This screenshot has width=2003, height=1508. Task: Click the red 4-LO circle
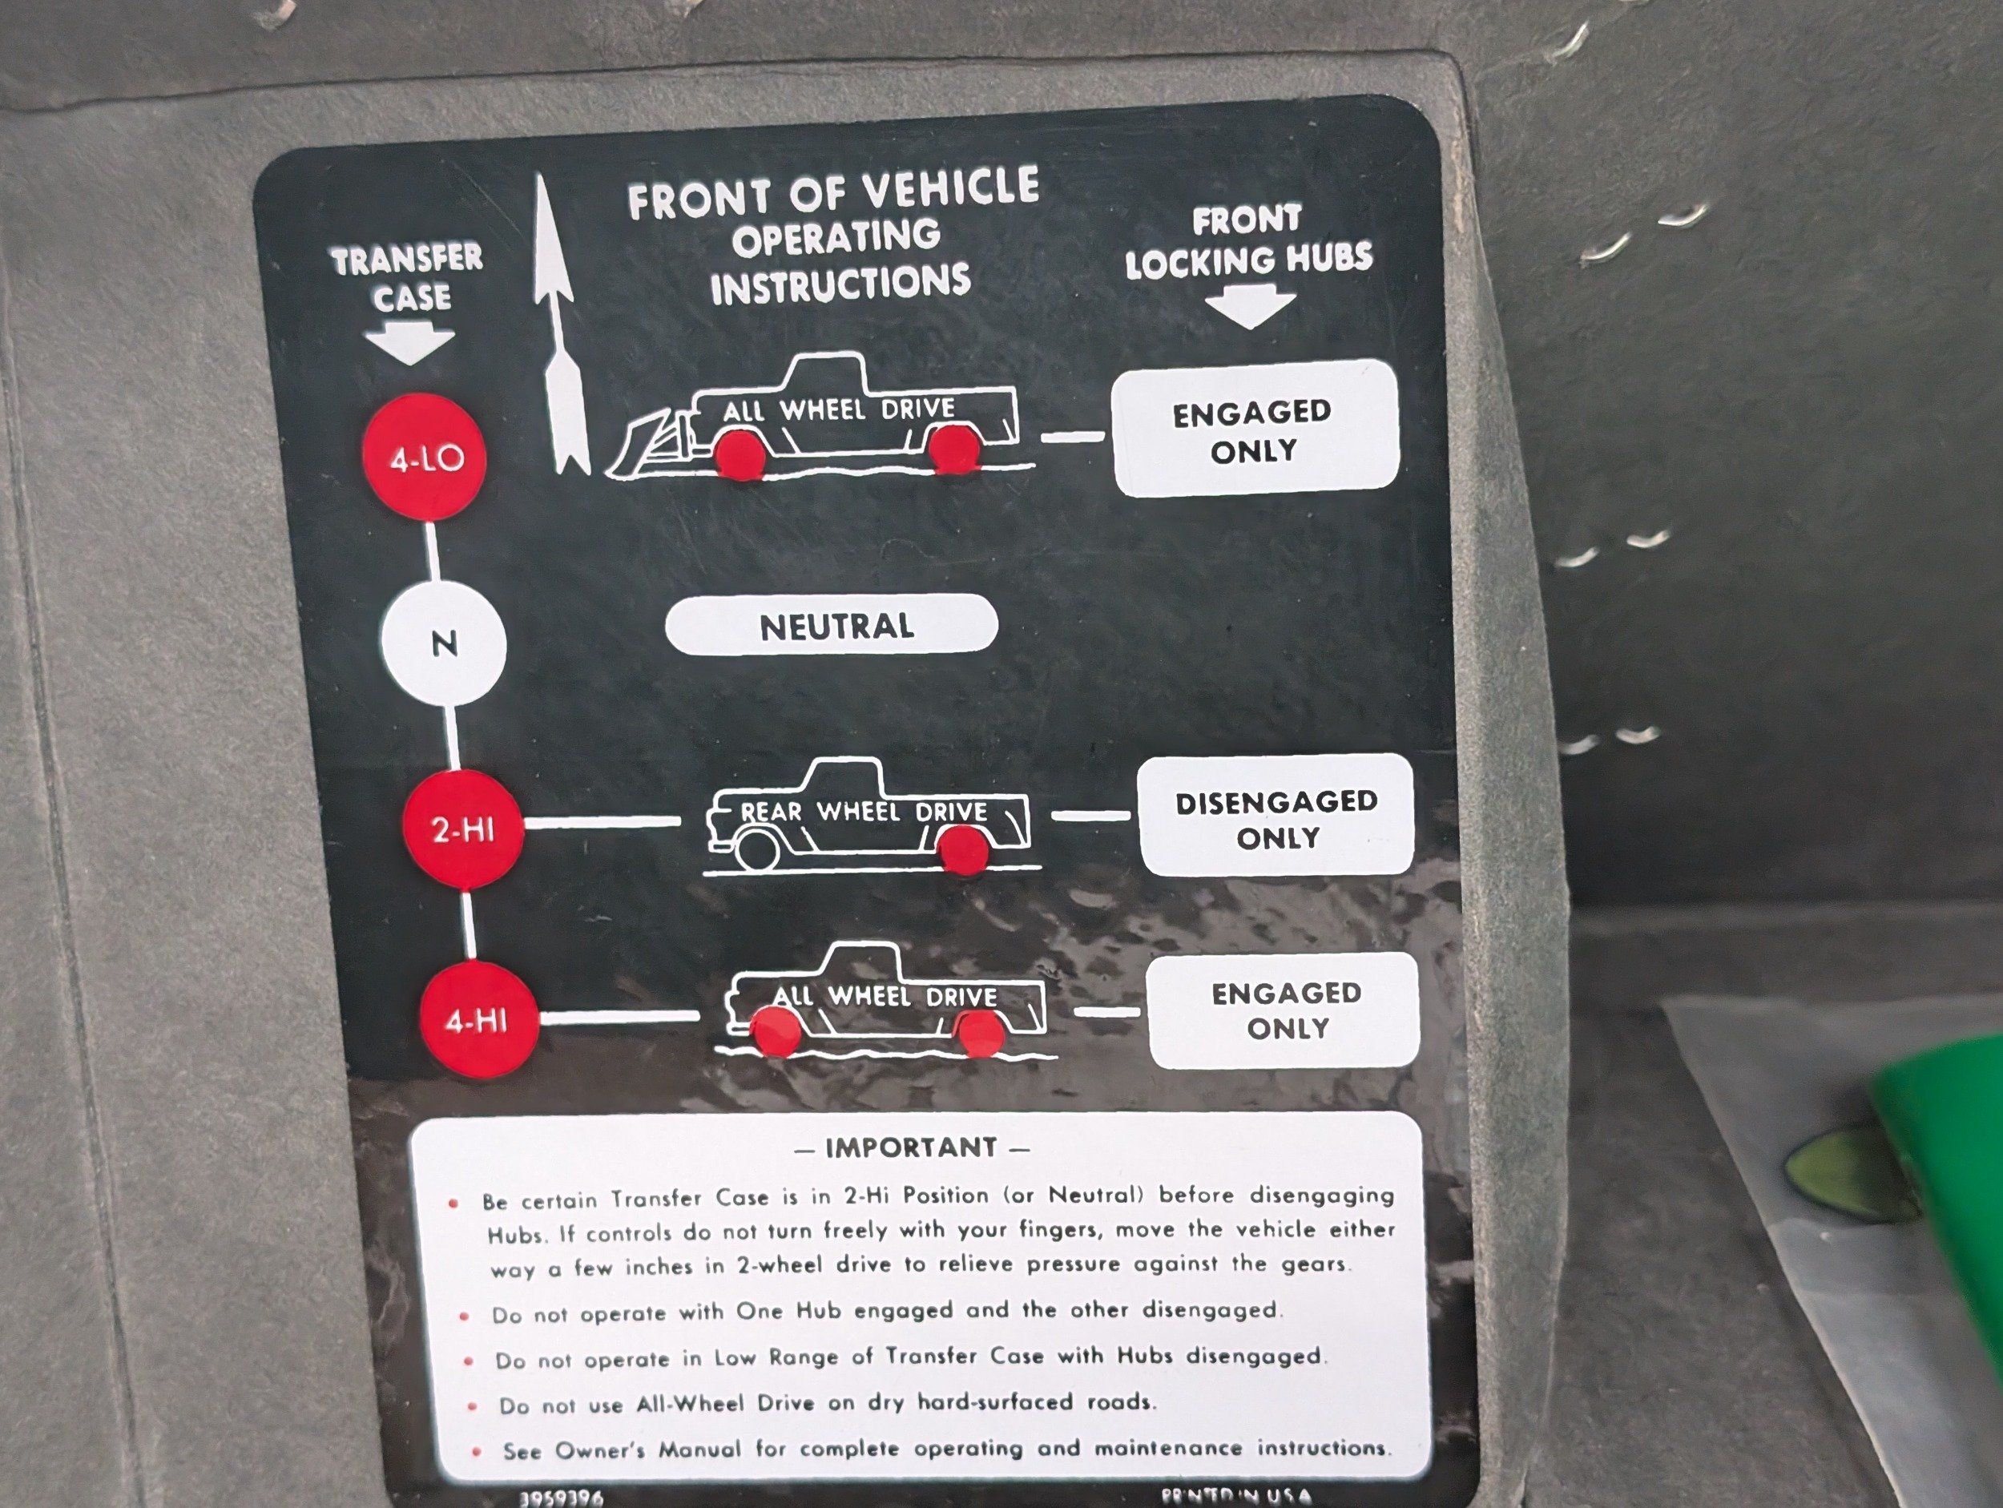tap(424, 458)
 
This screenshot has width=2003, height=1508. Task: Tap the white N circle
tap(444, 644)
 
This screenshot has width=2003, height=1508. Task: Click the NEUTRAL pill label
tap(832, 625)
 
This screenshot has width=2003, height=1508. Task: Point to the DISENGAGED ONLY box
tap(1276, 818)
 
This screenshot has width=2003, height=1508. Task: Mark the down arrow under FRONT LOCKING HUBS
tap(1251, 307)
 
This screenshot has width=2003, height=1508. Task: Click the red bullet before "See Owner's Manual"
tap(476, 1452)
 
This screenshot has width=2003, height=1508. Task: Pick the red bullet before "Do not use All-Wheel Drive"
tap(472, 1406)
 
